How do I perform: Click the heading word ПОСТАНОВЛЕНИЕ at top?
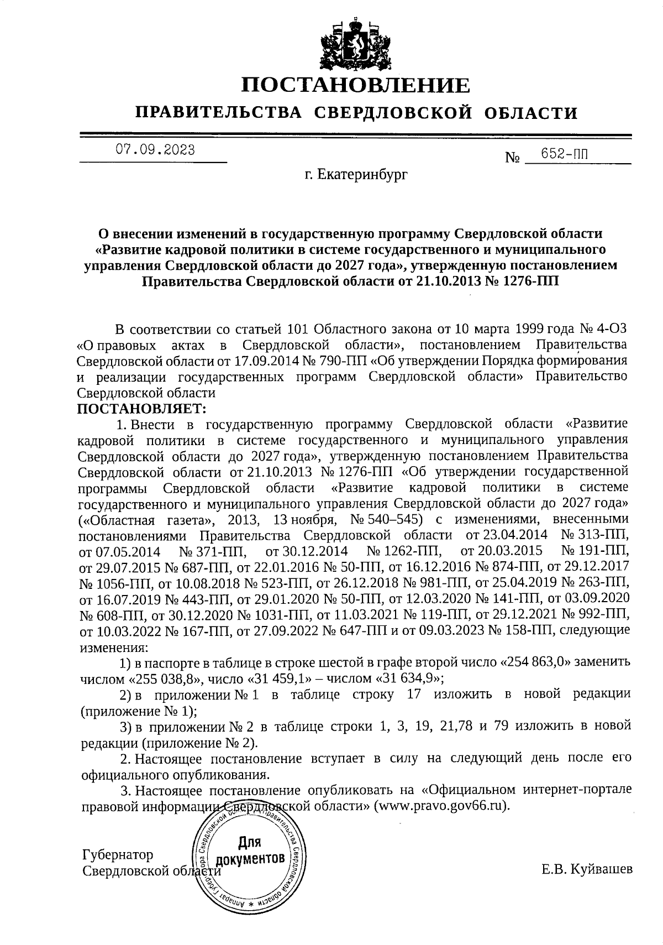(x=356, y=86)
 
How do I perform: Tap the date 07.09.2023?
(x=154, y=149)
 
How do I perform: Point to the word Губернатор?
(x=117, y=855)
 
